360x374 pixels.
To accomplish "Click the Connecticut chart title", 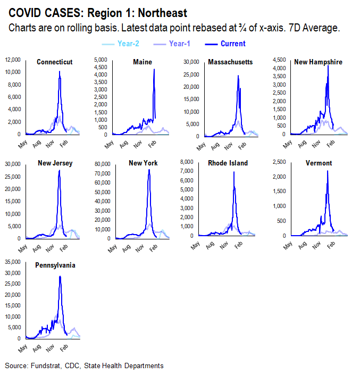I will pos(54,62).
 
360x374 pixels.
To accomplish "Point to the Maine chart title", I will pos(142,62).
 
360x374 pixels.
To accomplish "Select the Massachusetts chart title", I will pos(230,62).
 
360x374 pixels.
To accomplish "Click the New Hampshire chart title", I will pos(318,62).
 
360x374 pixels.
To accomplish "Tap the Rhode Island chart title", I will pos(228,163).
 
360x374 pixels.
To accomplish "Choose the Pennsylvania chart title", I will pos(55,264).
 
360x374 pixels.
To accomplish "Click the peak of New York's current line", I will pos(149,170).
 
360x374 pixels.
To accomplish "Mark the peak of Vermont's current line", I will pos(327,171).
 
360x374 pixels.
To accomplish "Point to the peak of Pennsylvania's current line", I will pos(60,276).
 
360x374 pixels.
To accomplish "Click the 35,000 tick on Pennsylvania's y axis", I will pos(13,262).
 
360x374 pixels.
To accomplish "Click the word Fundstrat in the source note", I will pos(46,365).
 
